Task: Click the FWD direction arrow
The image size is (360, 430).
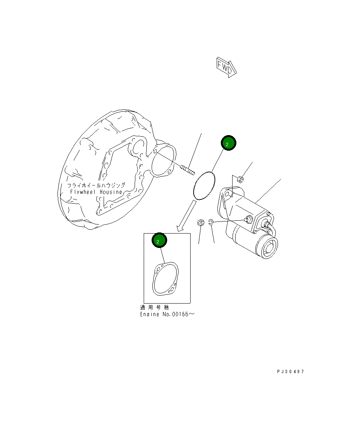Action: coord(226,67)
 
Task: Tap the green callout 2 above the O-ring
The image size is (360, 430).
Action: coord(228,143)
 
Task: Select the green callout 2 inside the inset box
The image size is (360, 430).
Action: coord(159,240)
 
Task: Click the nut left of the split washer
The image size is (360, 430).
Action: coord(201,223)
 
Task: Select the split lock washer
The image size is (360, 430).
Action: coord(211,223)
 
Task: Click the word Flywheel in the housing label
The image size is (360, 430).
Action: coord(84,192)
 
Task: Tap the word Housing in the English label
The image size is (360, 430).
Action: coord(111,192)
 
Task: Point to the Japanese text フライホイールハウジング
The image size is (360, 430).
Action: coord(96,185)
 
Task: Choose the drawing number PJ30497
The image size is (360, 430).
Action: coord(290,371)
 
